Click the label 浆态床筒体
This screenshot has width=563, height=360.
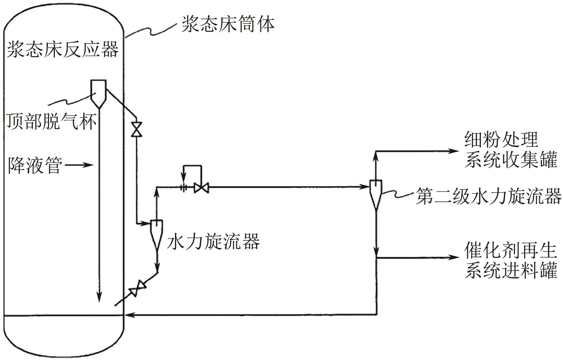click(228, 24)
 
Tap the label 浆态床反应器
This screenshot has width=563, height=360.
click(63, 49)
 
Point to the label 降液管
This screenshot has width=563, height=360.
click(35, 165)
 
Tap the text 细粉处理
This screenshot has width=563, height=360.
click(501, 140)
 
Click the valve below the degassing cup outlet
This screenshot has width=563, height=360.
click(136, 129)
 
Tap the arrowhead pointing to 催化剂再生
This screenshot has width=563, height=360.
click(453, 257)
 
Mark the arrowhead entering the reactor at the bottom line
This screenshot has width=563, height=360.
click(129, 315)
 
